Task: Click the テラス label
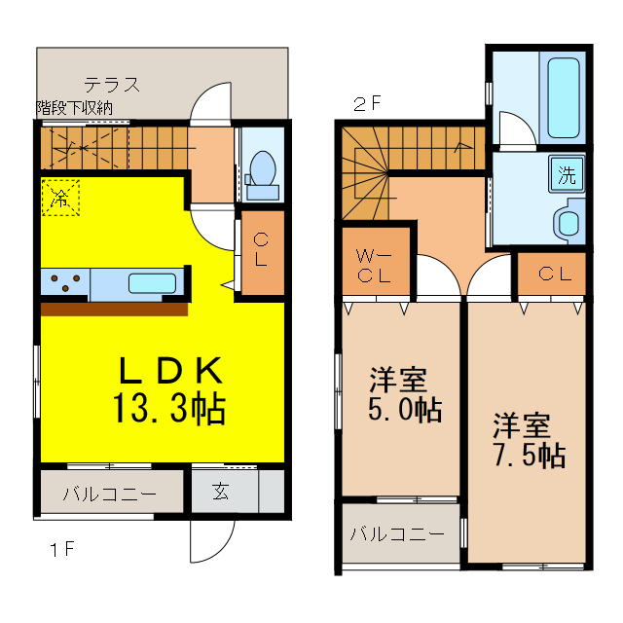[111, 84]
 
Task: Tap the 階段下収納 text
[75, 107]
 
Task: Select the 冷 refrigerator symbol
[60, 199]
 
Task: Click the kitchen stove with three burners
[65, 284]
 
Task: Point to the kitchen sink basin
[152, 284]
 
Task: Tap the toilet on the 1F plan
[261, 167]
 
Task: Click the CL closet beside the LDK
[261, 251]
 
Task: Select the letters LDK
[171, 371]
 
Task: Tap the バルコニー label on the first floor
[109, 494]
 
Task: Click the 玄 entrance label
[223, 492]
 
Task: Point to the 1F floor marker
[62, 549]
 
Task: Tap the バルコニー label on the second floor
[397, 534]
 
